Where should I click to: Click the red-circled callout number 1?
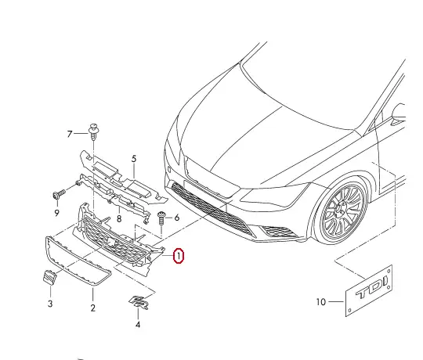[x=179, y=256]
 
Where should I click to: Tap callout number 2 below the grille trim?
[x=92, y=308]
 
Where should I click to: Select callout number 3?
[x=49, y=303]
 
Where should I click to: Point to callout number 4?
[x=138, y=323]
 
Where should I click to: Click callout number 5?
[x=134, y=159]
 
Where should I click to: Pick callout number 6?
[x=177, y=218]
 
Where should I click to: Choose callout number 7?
[x=69, y=134]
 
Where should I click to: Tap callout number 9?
[x=56, y=212]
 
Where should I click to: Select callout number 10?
[x=320, y=302]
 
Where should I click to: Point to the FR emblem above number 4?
[x=139, y=302]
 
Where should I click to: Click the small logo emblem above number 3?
[x=49, y=279]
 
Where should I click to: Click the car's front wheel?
[x=342, y=211]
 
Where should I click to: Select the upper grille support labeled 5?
[x=117, y=175]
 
